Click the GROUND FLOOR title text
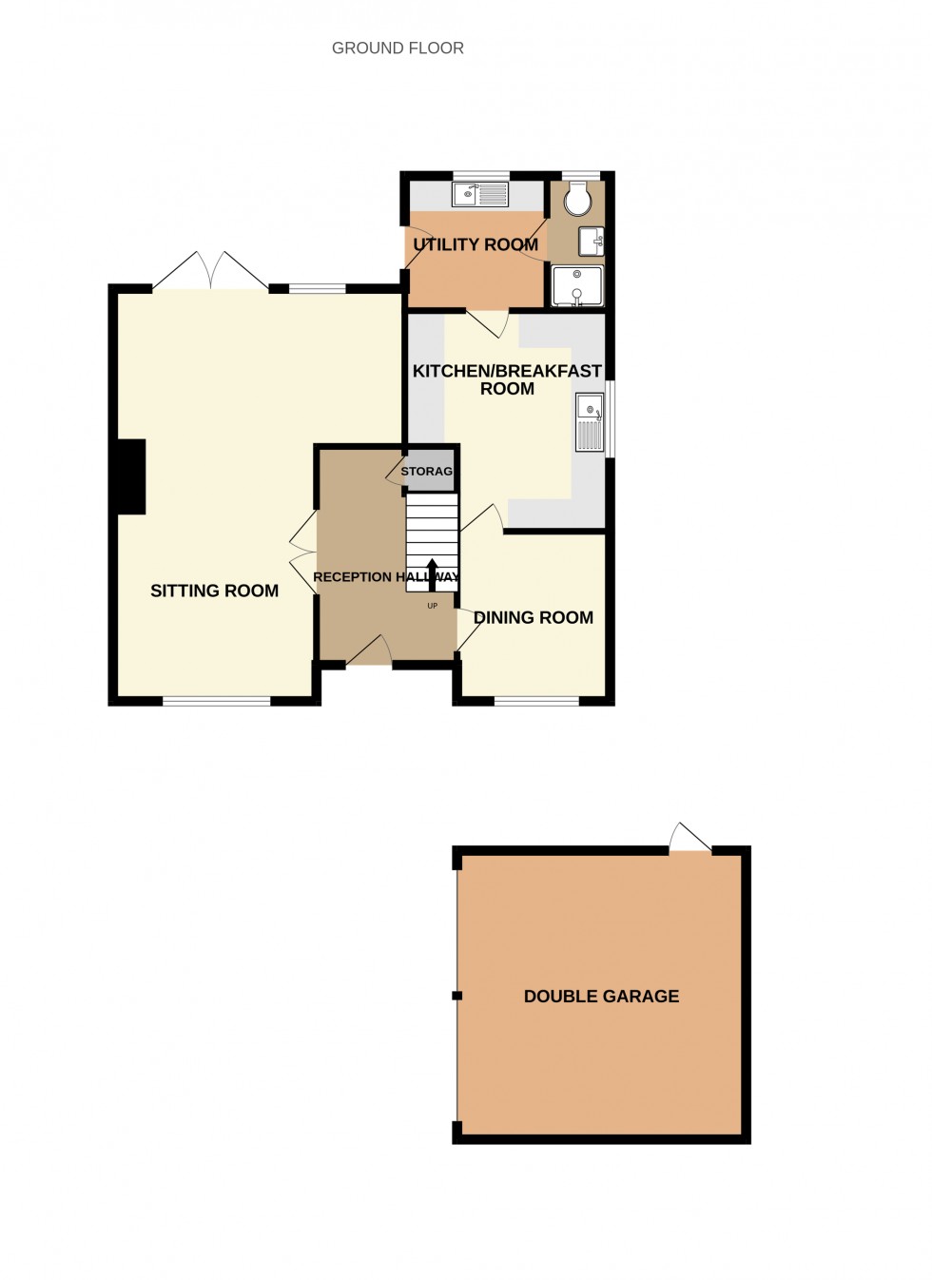pos(398,48)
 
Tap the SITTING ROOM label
pos(214,591)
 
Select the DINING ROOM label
pos(534,617)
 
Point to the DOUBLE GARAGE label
pos(601,996)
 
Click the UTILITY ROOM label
pos(476,244)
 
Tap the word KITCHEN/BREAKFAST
pos(507,371)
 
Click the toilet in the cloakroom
pos(576,200)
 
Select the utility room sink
pos(480,194)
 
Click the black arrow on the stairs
pos(432,574)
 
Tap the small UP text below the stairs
pos(432,606)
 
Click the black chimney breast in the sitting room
pos(131,476)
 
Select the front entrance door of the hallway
pos(369,650)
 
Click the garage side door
pos(690,838)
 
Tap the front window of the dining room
pos(536,701)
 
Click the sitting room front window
pos(217,701)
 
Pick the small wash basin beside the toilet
pos(591,242)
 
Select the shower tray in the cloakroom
pos(577,285)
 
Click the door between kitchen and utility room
pos(488,324)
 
